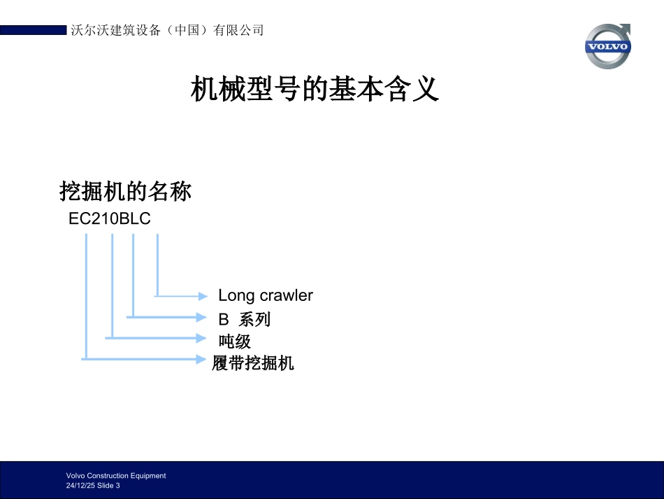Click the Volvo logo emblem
607,46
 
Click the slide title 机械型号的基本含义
315,90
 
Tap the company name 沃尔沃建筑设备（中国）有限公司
168,30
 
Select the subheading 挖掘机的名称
126,191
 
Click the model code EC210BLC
110,219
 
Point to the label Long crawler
266,295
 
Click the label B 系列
244,320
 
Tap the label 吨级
235,342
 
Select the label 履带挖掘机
253,363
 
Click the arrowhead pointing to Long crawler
203,296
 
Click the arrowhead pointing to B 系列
203,317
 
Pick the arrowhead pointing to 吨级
203,338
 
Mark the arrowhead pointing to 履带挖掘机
203,359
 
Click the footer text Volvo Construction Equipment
116,475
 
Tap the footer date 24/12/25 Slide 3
93,486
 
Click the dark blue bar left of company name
33,30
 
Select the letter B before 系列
224,320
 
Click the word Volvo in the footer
75,475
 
